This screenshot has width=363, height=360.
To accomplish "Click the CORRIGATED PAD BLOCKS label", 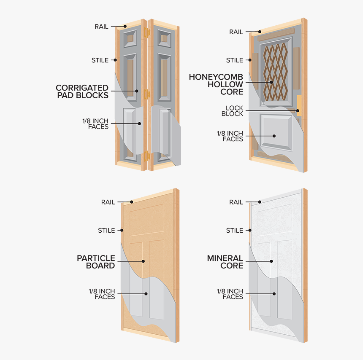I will coord(82,91).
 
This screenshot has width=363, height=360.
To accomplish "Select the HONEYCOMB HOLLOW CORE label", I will coord(216,84).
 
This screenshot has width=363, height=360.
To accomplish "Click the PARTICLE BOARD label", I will coord(96,262).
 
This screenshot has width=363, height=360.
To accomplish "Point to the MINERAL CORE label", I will coord(225,262).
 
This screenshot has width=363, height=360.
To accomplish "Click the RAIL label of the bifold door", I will coord(101,27).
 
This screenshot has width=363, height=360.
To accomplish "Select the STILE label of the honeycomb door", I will coord(234,60).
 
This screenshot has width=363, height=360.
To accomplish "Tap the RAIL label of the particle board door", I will coord(108,202).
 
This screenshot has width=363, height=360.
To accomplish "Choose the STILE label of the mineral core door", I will coord(234,231).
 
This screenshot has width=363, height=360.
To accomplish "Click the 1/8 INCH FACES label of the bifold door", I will coord(95,124).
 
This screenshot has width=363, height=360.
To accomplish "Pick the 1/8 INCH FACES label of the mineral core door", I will coord(230,294).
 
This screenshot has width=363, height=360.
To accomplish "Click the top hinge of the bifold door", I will coord(146,32).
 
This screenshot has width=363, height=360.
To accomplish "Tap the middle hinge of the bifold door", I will coord(146,94).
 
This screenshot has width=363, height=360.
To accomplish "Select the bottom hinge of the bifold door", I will coord(147,156).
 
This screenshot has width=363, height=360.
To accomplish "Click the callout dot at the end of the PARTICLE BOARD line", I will coord(144,261).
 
